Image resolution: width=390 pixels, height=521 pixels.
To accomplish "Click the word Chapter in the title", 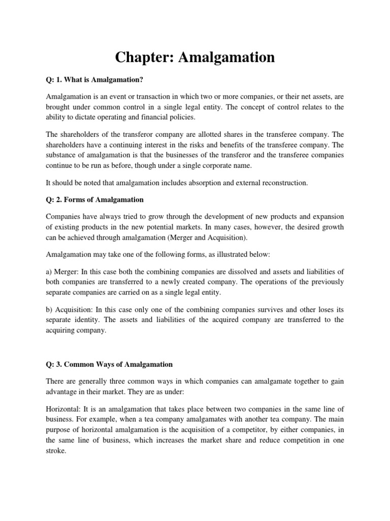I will click(143, 57).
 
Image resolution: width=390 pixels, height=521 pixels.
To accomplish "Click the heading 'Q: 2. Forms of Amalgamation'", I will click(94, 199).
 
